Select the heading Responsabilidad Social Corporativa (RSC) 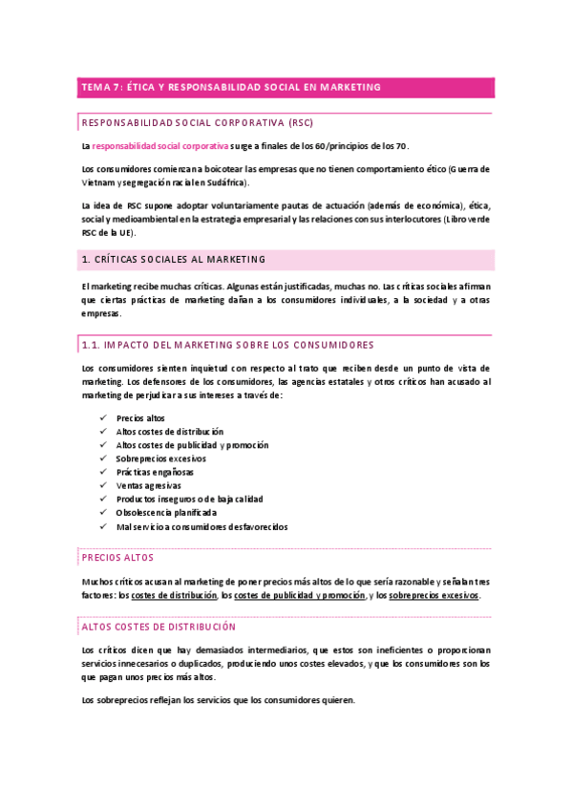click(198, 123)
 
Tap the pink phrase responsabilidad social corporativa click(160, 146)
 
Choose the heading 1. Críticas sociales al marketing click(174, 260)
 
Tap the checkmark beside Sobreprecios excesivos click(103, 458)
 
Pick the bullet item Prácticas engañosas click(154, 472)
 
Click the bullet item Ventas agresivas click(148, 485)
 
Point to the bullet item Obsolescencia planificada click(165, 512)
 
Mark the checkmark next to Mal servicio click(103, 526)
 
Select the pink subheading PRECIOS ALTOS click(117, 558)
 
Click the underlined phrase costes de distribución click(174, 595)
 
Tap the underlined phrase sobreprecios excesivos click(434, 595)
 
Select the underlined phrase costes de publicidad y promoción click(300, 595)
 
